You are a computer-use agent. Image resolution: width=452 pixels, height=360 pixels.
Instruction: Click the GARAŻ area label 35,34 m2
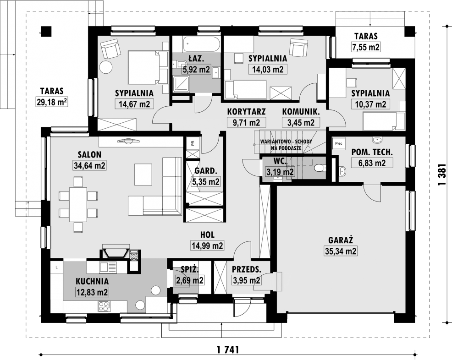(341, 251)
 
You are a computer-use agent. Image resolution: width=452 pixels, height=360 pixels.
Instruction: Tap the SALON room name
(90, 155)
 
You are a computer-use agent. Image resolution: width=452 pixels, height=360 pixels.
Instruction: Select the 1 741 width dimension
(228, 349)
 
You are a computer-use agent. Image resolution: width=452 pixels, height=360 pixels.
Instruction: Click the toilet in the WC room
(320, 167)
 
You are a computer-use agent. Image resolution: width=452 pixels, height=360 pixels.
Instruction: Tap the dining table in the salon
(78, 204)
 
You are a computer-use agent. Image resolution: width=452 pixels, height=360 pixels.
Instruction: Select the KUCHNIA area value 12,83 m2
(92, 292)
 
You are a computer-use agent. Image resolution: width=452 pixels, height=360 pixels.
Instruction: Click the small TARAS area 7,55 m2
(366, 47)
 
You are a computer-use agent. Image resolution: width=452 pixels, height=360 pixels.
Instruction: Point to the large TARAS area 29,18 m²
(52, 101)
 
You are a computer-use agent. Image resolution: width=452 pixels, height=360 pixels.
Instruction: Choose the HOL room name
(207, 235)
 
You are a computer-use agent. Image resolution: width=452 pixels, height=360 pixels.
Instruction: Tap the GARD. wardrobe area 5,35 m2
(206, 182)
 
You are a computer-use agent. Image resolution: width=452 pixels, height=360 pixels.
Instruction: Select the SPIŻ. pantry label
(190, 270)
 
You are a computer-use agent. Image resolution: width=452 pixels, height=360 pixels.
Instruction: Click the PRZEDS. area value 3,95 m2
(246, 280)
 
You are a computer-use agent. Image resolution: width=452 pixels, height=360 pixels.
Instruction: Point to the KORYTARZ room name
(246, 111)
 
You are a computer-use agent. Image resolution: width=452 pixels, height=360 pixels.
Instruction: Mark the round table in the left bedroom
(106, 67)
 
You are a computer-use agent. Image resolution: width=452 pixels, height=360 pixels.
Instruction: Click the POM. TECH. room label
(372, 152)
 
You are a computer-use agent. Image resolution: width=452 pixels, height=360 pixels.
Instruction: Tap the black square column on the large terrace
(45, 31)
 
